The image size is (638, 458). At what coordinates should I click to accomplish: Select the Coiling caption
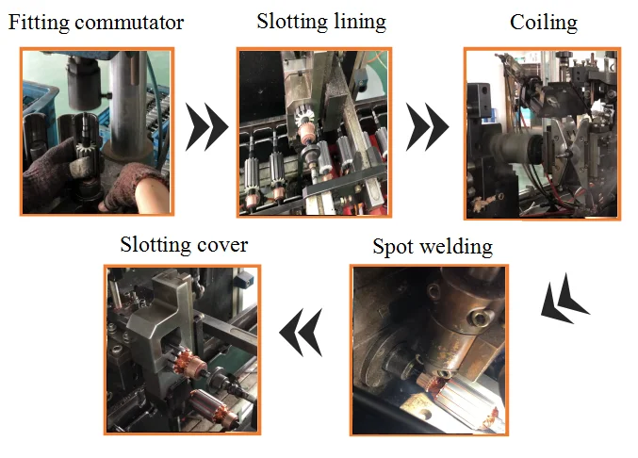544,22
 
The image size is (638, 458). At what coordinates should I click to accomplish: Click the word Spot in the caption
395,248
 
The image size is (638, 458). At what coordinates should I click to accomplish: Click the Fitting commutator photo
97,131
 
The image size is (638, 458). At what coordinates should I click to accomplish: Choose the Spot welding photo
429,349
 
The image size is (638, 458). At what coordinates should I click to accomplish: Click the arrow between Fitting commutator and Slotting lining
206,128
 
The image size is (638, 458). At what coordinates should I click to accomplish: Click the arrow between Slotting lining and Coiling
427,128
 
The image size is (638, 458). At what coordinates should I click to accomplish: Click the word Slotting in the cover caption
155,245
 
